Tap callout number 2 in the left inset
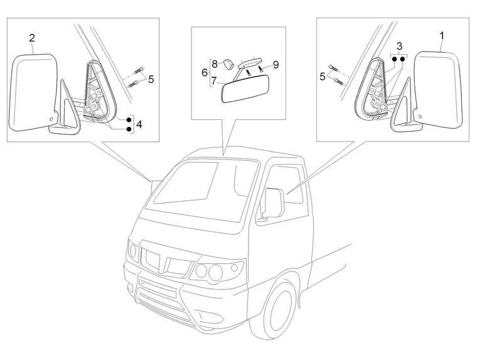pyautogui.click(x=32, y=38)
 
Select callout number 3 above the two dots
pyautogui.click(x=399, y=46)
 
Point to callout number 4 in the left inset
pyautogui.click(x=139, y=124)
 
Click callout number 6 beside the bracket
pyautogui.click(x=205, y=72)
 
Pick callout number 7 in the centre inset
pyautogui.click(x=214, y=80)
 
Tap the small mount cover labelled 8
pyautogui.click(x=228, y=63)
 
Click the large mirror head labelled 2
pyautogui.click(x=35, y=91)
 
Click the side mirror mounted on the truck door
pyautogui.click(x=272, y=202)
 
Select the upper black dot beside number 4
pyautogui.click(x=129, y=118)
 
